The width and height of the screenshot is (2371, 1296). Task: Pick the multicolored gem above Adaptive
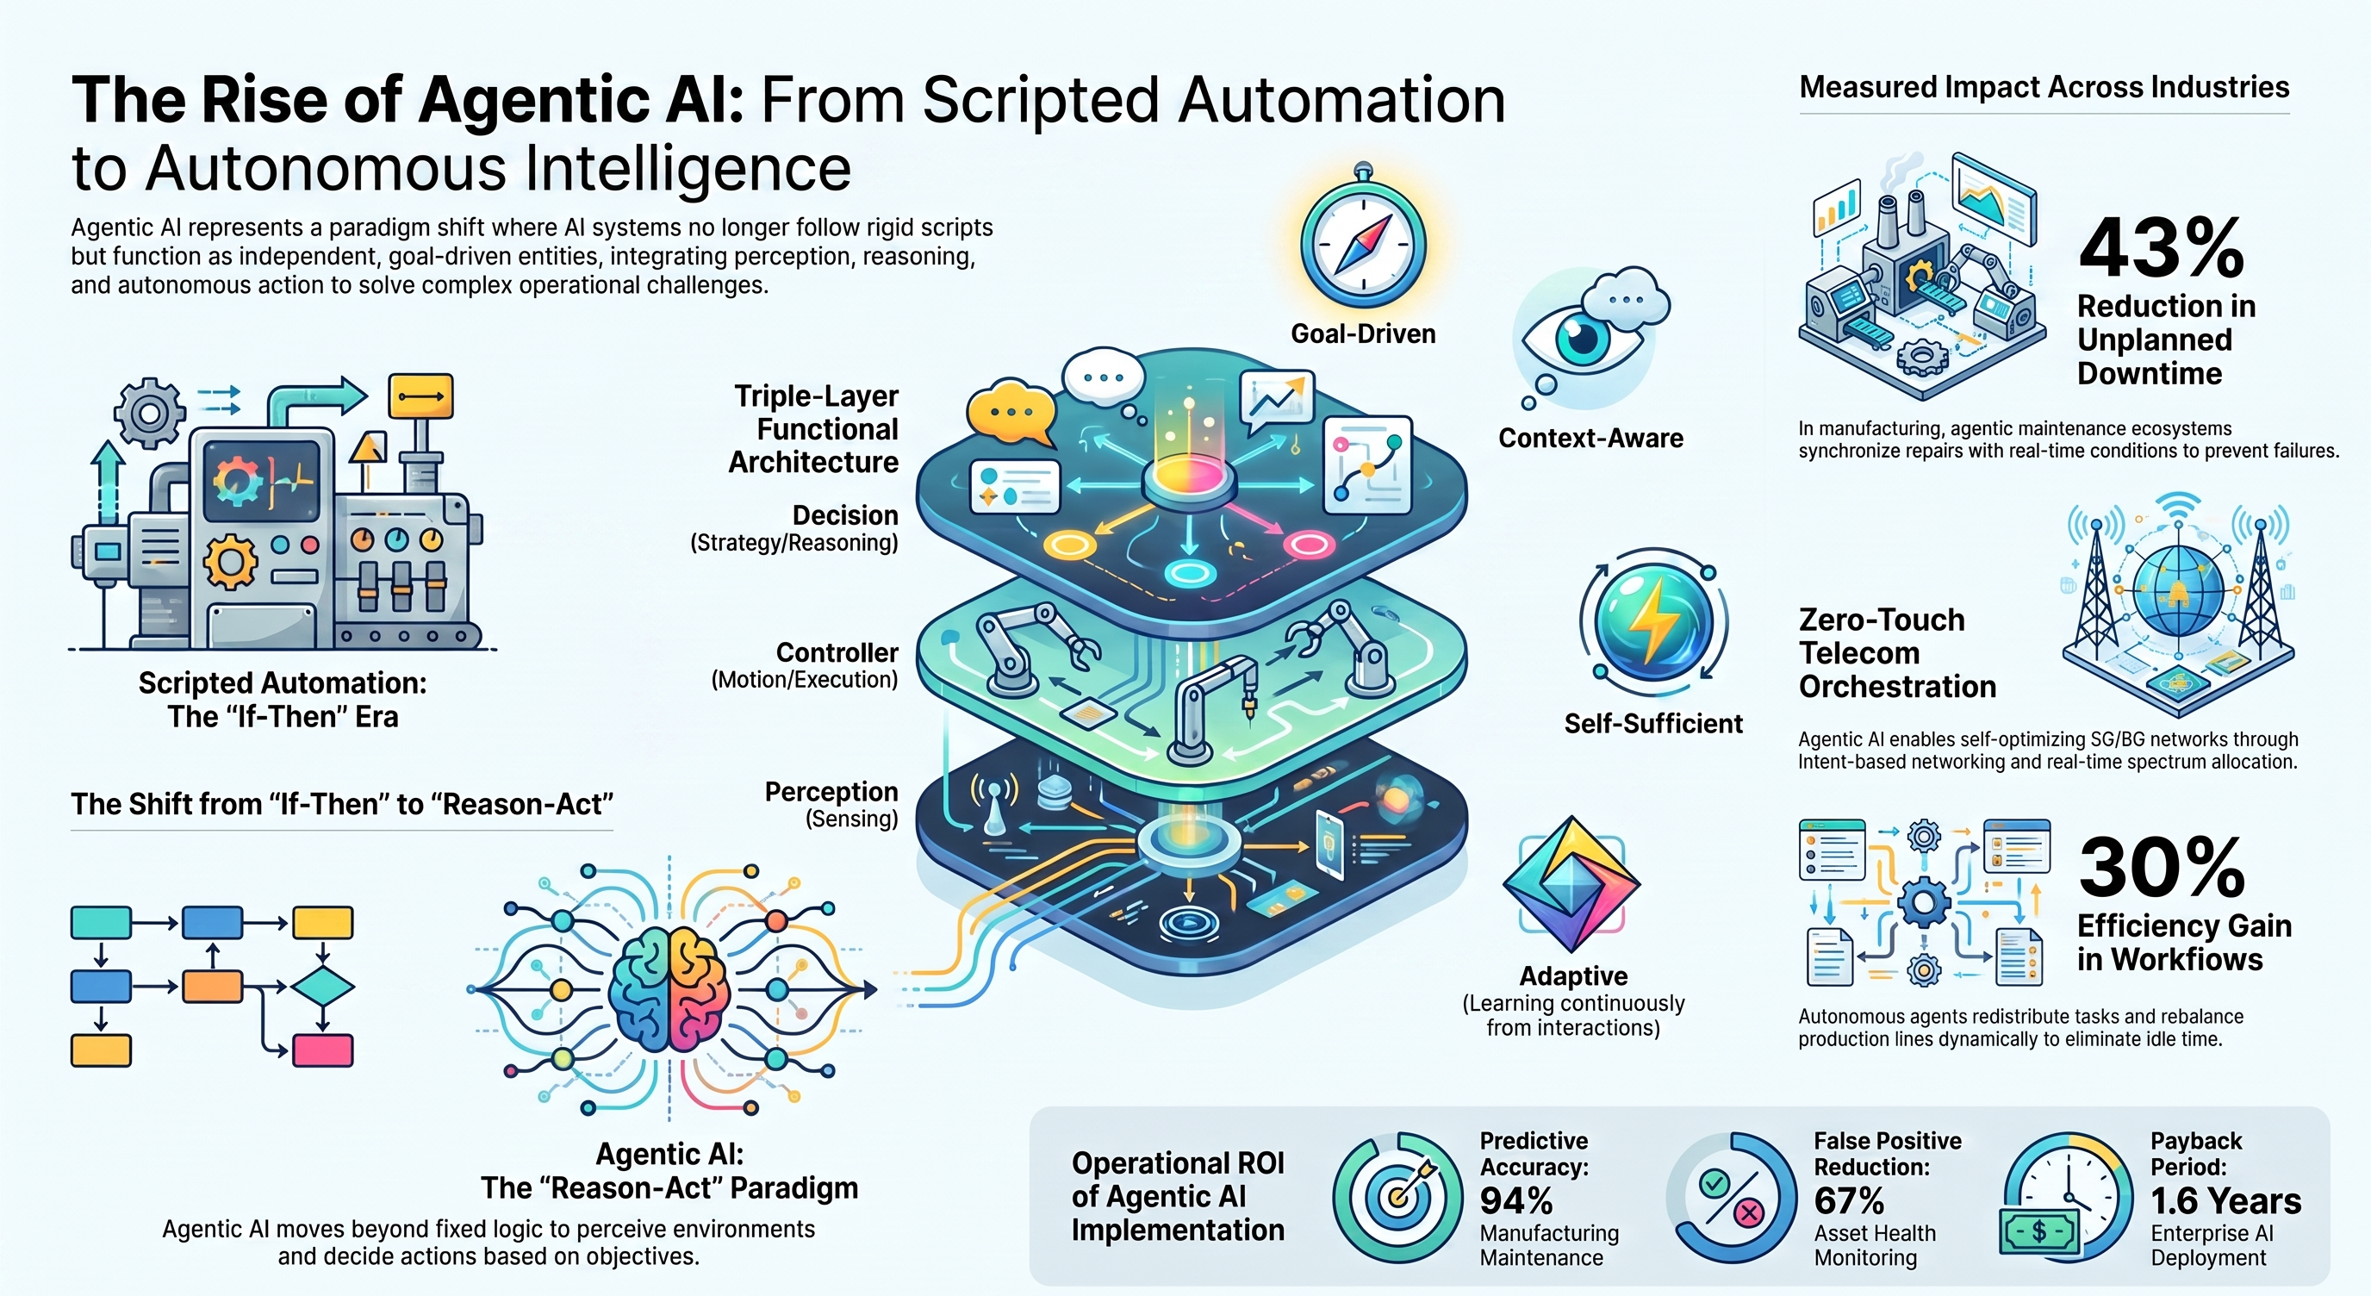coord(1572,883)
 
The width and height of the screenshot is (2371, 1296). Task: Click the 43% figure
coord(2161,247)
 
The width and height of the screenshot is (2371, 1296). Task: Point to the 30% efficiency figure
coord(2161,867)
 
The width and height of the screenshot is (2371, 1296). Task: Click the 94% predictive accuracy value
coord(1516,1201)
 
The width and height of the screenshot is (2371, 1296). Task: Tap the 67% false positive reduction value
coord(1849,1201)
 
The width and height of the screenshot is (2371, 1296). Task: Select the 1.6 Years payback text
coord(2225,1201)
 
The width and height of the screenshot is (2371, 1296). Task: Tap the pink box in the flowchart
coord(322,1050)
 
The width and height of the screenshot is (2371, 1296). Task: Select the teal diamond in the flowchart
coord(322,988)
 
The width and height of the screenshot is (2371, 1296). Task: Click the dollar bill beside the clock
coord(2038,1231)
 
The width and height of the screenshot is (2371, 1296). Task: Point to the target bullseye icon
coord(1398,1197)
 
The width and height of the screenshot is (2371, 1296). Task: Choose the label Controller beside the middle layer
coord(837,652)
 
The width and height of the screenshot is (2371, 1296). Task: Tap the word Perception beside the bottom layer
coord(831,792)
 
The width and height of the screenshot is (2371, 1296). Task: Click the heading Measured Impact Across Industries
coord(2044,87)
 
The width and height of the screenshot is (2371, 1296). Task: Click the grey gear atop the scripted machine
coord(147,413)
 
